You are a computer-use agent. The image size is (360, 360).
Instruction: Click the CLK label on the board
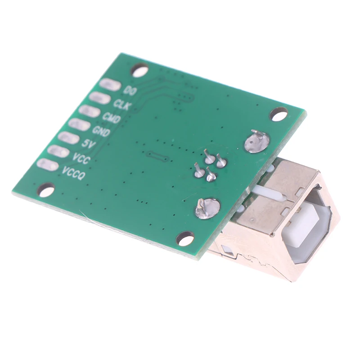[121, 104]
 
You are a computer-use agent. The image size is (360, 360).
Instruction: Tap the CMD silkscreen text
[111, 118]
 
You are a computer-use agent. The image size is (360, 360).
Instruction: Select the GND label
[101, 131]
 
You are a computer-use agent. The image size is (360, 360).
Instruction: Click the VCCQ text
[73, 173]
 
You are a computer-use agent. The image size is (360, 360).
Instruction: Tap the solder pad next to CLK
[99, 98]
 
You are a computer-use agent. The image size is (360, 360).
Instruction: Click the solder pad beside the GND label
[79, 125]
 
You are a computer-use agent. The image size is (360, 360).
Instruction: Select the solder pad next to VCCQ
[47, 165]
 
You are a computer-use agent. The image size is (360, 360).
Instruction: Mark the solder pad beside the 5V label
[68, 138]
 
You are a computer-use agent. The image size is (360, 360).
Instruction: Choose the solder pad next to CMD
[89, 111]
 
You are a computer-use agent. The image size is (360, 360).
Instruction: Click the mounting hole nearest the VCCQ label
[46, 190]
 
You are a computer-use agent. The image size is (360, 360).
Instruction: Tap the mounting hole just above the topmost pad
[139, 70]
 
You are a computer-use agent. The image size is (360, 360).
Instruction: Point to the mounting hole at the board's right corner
[279, 114]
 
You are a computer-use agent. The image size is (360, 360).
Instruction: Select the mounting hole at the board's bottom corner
[185, 239]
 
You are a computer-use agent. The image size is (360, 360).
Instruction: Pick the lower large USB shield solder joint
[207, 208]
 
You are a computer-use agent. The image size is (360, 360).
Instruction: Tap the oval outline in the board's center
[157, 157]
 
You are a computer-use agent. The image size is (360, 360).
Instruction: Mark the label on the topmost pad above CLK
[130, 90]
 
